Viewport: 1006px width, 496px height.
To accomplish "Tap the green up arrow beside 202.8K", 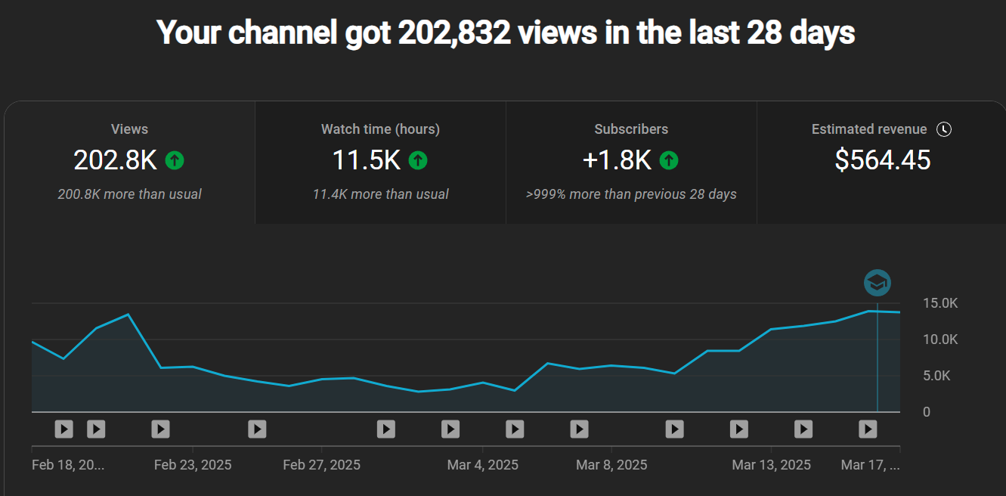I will pyautogui.click(x=175, y=160).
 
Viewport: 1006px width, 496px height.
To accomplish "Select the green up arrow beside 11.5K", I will pyautogui.click(x=418, y=160).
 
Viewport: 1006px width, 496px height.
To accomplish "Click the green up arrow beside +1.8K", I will pyautogui.click(x=669, y=160).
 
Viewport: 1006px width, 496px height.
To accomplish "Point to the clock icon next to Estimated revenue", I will pyautogui.click(x=943, y=129).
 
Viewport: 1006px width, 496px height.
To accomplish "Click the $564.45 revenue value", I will pyautogui.click(x=882, y=160).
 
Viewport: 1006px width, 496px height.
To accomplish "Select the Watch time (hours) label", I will pyautogui.click(x=380, y=129).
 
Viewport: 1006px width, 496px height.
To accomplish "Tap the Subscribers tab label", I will pyautogui.click(x=631, y=129).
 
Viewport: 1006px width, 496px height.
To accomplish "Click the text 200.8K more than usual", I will pyautogui.click(x=129, y=194).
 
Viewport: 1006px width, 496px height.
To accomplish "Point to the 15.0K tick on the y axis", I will pyautogui.click(x=940, y=303).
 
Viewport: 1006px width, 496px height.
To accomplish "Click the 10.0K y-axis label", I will pyautogui.click(x=940, y=339).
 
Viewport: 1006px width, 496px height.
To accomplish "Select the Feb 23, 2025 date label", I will pyautogui.click(x=193, y=464).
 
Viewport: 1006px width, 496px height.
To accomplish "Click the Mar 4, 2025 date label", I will pyautogui.click(x=482, y=464).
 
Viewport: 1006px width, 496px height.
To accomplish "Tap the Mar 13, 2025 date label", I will pyautogui.click(x=771, y=464).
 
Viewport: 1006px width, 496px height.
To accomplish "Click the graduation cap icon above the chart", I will pyautogui.click(x=877, y=284).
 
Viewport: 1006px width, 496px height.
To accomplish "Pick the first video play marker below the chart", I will pyautogui.click(x=63, y=429).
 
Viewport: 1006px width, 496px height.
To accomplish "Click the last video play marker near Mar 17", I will pyautogui.click(x=868, y=429).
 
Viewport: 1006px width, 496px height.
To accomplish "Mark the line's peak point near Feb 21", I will pyautogui.click(x=128, y=315).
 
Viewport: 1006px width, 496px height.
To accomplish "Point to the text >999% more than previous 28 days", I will pyautogui.click(x=631, y=194).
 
